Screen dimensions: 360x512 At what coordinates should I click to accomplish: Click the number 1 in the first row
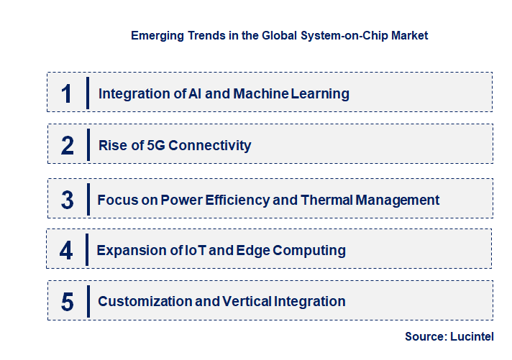click(67, 93)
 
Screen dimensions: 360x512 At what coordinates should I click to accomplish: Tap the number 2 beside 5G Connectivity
click(68, 145)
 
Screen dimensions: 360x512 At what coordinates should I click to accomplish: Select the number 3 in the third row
click(68, 200)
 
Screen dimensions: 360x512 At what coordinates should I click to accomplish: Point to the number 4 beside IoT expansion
click(67, 250)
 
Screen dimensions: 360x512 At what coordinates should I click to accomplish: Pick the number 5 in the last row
click(68, 302)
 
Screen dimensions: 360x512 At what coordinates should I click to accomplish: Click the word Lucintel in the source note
click(472, 336)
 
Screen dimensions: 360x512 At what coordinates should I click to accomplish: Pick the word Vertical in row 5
click(248, 301)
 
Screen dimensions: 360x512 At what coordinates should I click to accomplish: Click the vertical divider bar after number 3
click(87, 198)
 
